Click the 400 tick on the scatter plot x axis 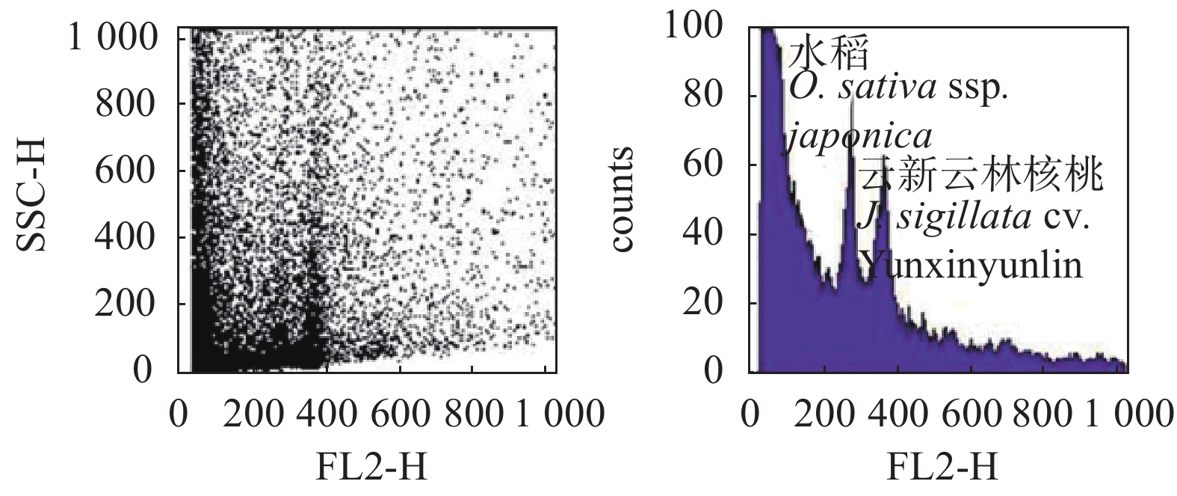(317, 414)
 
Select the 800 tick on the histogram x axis (1047, 414)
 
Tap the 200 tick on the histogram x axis (822, 414)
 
